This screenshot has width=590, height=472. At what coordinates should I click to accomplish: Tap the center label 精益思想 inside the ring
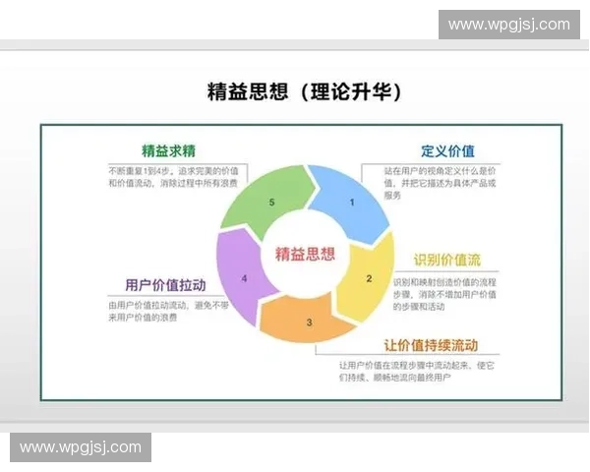301,254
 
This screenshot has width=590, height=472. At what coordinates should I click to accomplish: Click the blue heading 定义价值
447,151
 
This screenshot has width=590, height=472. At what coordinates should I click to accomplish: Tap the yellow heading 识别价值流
447,260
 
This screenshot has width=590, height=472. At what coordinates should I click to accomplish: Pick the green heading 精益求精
169,151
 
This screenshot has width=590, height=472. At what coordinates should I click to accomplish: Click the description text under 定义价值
441,183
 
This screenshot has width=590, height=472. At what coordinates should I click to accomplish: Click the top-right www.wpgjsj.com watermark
508,25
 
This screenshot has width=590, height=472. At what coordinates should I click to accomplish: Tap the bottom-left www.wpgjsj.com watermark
81,447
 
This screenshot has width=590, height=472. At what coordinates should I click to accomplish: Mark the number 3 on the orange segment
309,322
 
